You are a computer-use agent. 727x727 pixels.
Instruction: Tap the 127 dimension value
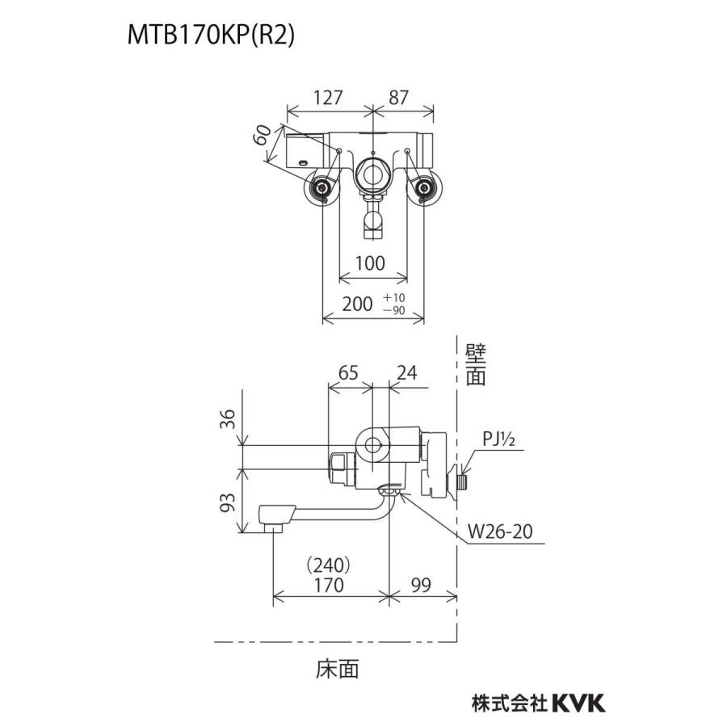point(328,97)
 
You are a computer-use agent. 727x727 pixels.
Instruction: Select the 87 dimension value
point(398,97)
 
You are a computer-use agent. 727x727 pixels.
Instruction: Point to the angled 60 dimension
point(261,136)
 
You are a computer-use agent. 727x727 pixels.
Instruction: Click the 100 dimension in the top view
point(369,263)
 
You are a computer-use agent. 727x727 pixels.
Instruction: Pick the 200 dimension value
point(357,304)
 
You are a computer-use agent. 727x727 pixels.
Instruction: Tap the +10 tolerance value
point(394,298)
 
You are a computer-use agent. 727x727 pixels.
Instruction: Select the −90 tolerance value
point(394,311)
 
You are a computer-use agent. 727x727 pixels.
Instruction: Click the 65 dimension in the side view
point(347,372)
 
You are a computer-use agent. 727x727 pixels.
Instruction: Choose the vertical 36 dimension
point(229,418)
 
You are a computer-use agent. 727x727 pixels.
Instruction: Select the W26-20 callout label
point(500,532)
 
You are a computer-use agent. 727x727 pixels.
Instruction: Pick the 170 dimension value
point(329,584)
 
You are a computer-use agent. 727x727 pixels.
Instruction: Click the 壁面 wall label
point(476,365)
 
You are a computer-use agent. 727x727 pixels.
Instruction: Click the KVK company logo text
point(578,703)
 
